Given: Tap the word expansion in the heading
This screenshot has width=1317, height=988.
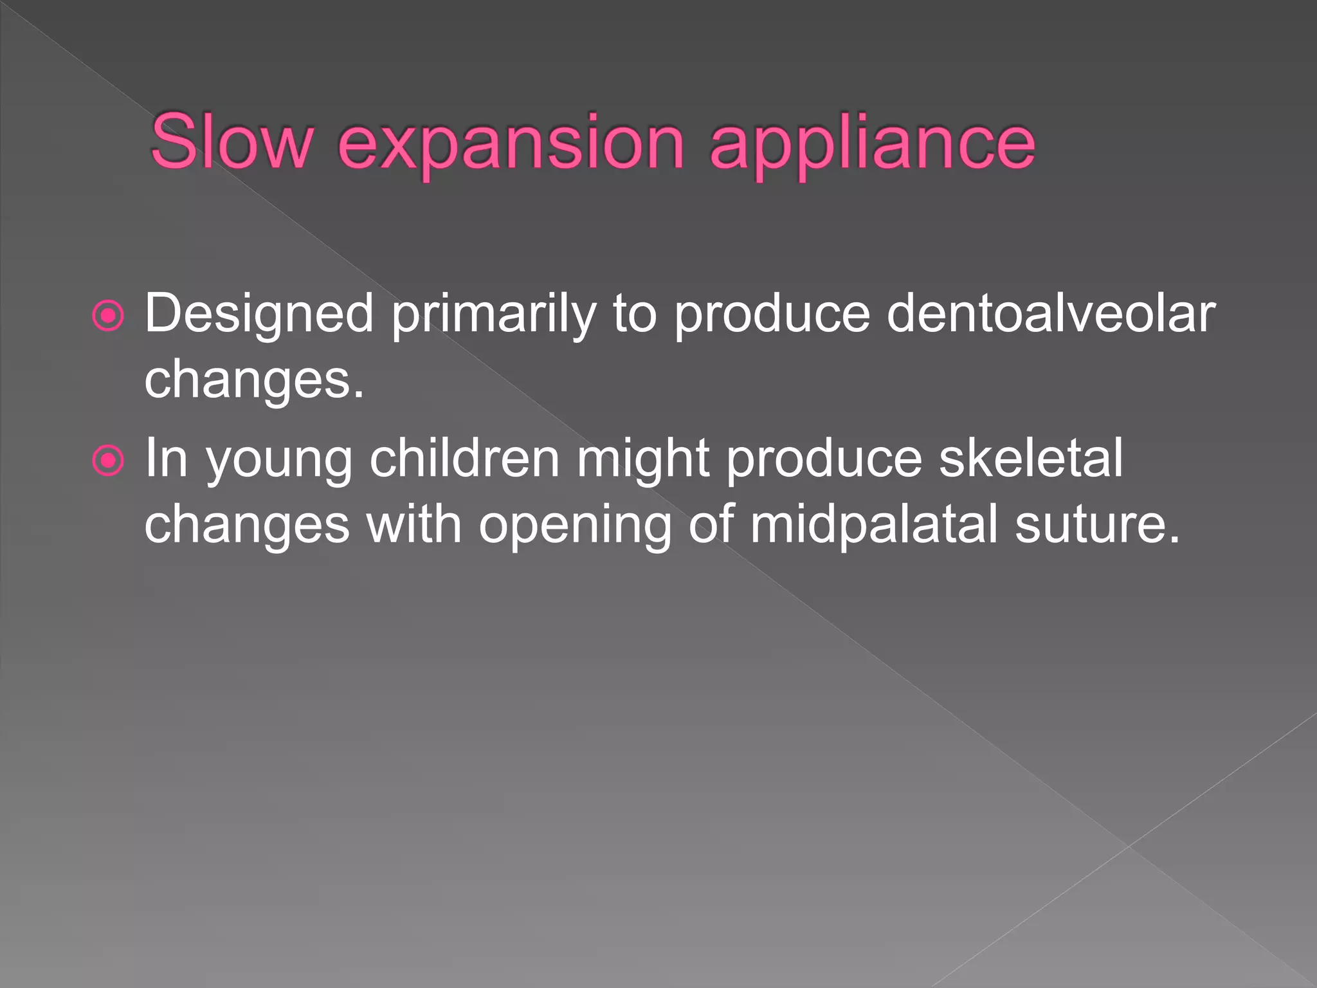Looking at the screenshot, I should (x=511, y=143).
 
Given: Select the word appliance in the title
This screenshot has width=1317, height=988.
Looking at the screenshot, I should (x=872, y=143).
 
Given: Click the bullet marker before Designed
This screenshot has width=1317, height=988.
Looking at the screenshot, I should (x=108, y=316).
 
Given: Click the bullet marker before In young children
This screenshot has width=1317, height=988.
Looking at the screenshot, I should (x=108, y=461).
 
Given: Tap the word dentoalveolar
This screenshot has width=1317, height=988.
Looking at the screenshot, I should (x=1051, y=314).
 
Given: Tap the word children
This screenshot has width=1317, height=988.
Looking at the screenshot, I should (x=465, y=459).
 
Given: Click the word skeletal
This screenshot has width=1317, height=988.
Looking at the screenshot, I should (x=1031, y=459).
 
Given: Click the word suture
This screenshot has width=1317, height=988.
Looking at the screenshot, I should (x=1097, y=524).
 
